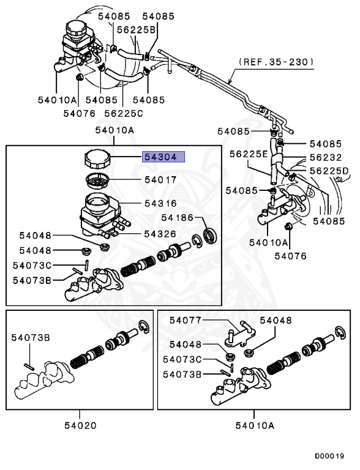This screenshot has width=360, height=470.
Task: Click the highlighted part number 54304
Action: point(160,157)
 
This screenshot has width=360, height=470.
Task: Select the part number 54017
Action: point(160,180)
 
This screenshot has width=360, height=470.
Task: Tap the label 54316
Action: point(160,203)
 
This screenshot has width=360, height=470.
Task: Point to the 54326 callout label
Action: point(160,233)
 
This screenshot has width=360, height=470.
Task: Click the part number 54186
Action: point(178,217)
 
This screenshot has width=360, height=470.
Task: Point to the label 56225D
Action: point(328,170)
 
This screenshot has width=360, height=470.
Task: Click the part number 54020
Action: point(80,425)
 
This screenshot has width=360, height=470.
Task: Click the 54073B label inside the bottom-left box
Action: point(29,337)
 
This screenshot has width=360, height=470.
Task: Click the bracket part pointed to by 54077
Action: point(243,333)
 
